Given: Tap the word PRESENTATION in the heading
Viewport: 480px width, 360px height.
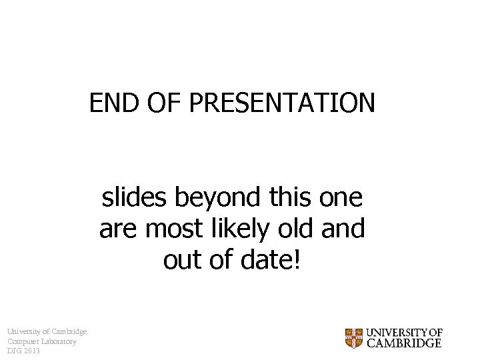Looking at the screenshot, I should pyautogui.click(x=281, y=103).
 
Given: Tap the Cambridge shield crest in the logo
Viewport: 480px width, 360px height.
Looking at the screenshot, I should pyautogui.click(x=353, y=338).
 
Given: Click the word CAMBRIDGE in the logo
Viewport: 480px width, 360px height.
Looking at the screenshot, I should pyautogui.click(x=404, y=344).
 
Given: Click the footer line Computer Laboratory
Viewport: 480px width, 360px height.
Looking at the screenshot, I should pyautogui.click(x=41, y=341).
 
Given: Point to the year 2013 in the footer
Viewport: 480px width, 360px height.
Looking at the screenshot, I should pyautogui.click(x=31, y=351).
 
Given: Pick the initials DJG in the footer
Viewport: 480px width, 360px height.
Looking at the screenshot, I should pyautogui.click(x=14, y=351).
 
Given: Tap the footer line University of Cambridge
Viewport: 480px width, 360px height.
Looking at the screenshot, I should pyautogui.click(x=47, y=331).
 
